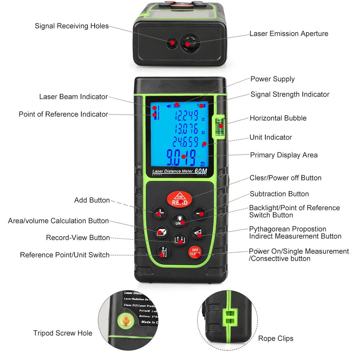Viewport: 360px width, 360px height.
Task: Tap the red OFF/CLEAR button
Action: [x=195, y=252]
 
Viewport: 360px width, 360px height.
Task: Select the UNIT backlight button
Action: [x=179, y=220]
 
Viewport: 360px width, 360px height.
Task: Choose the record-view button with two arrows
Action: [x=179, y=239]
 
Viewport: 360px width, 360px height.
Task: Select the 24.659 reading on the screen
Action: [x=185, y=141]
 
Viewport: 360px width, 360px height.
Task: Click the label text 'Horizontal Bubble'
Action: [x=278, y=118]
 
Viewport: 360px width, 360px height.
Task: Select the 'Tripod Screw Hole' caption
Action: [x=63, y=333]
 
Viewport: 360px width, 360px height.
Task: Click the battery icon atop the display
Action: [x=176, y=105]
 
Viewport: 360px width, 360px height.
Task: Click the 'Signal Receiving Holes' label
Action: [x=72, y=26]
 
